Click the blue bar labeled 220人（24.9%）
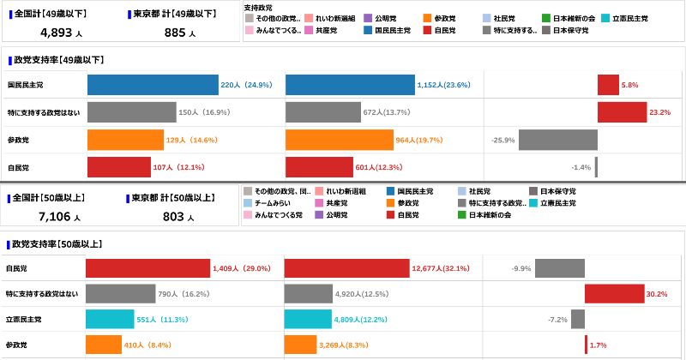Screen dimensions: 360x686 click(x=153, y=86)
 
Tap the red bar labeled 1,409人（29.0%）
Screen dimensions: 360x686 click(x=147, y=268)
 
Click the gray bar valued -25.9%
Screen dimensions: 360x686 click(x=557, y=140)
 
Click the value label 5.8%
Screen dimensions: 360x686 click(x=629, y=86)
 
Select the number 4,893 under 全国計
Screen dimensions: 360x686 click(x=57, y=33)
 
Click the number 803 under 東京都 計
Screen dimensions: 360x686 click(x=173, y=217)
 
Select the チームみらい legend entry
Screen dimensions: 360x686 click(x=274, y=203)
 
